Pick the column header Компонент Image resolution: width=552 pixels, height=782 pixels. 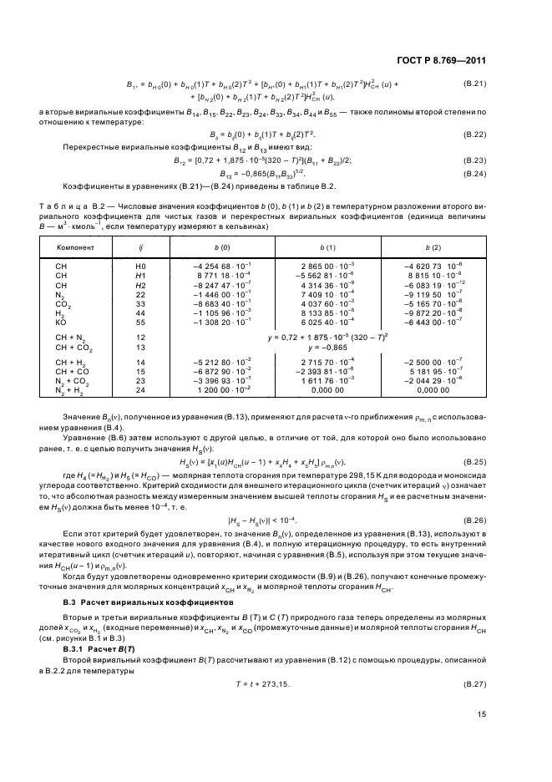point(74,249)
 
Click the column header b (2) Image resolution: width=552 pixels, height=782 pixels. point(431,249)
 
